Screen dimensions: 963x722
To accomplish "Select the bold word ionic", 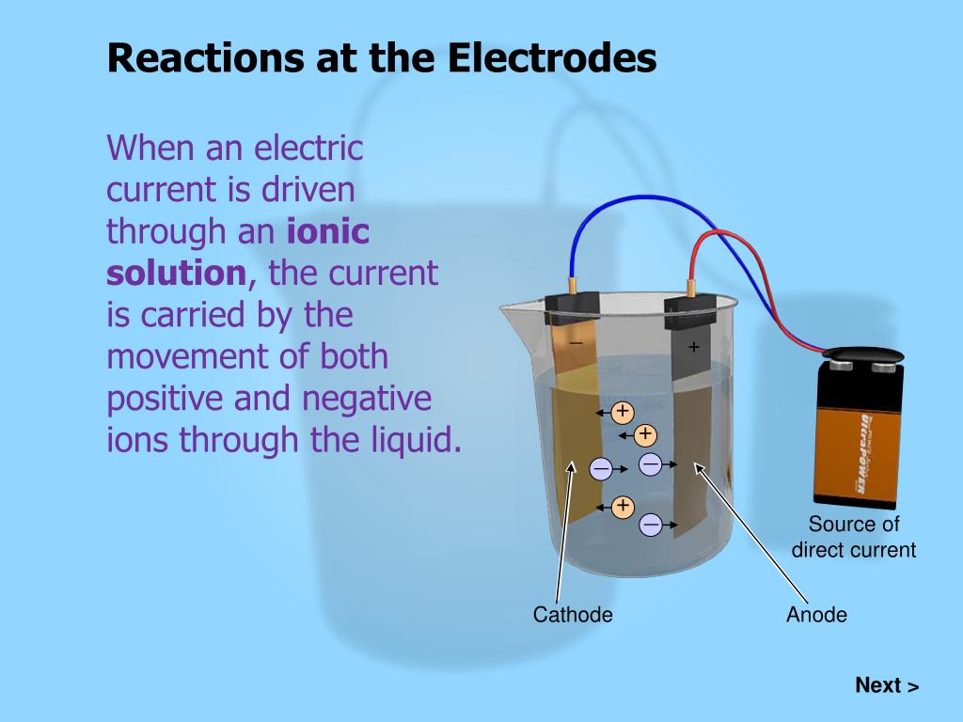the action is pyautogui.click(x=327, y=231).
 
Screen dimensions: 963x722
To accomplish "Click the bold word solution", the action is pyautogui.click(x=176, y=274).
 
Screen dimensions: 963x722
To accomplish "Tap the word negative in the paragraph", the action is pyautogui.click(x=367, y=399).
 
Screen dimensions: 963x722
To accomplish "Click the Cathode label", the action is pyautogui.click(x=573, y=615).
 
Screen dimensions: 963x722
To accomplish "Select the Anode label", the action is pyautogui.click(x=816, y=615).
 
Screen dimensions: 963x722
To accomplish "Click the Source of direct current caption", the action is pyautogui.click(x=854, y=537).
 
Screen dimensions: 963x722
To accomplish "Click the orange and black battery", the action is pyautogui.click(x=858, y=432).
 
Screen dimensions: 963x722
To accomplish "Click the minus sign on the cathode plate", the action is pyautogui.click(x=576, y=342).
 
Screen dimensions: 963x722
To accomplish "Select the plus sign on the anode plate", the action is pyautogui.click(x=694, y=347).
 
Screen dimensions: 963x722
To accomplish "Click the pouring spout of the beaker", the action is pyautogui.click(x=513, y=307).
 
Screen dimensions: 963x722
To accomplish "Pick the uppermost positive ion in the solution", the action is pyautogui.click(x=623, y=412).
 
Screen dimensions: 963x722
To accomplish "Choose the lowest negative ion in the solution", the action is pyautogui.click(x=651, y=525).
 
